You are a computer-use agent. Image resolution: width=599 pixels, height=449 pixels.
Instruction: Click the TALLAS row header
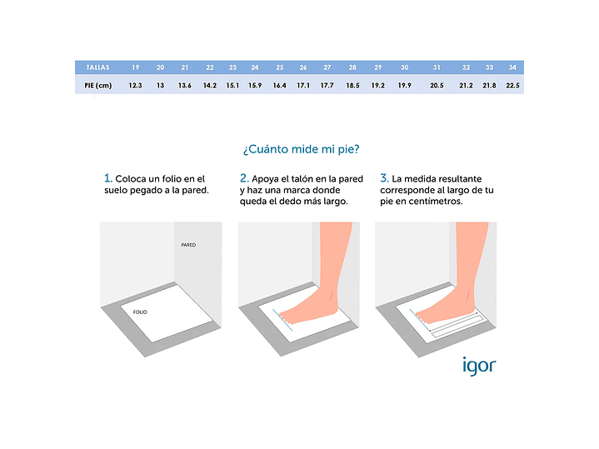pos(97,67)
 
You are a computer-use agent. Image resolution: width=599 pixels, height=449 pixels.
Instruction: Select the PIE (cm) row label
pos(98,85)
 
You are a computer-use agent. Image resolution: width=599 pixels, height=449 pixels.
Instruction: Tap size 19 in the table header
pos(136,67)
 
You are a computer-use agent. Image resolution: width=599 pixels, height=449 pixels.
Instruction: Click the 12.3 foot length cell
pos(135,85)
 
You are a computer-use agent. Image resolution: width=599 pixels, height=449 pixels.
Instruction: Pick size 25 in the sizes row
pos(280,67)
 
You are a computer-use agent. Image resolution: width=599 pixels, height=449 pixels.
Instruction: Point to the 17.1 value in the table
pos(303,85)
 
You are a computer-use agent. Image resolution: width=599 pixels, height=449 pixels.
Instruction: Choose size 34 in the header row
pos(512,67)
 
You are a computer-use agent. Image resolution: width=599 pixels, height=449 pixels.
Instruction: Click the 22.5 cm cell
pos(512,85)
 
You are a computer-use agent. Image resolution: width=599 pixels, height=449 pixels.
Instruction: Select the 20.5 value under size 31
pos(437,85)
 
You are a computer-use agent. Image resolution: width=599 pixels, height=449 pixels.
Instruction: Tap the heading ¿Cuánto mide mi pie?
pos(301,149)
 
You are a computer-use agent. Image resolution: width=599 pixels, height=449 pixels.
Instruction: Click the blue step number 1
pos(107,178)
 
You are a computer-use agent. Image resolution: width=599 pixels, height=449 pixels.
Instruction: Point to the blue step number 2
pos(244,178)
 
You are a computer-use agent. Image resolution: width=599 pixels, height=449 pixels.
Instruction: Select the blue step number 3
pos(384,178)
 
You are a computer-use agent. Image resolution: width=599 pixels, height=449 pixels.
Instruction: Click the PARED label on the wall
pos(188,245)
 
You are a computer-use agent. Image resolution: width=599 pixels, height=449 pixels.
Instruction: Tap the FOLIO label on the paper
pos(140,312)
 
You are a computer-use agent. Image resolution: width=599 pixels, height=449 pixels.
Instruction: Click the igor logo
pos(479,366)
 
